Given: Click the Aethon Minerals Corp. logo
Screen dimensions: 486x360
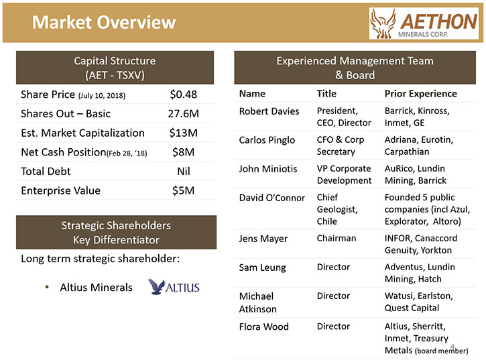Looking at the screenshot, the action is [424, 23].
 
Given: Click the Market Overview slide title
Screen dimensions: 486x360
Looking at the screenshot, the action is [104, 22].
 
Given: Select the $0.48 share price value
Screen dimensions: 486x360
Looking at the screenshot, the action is [183, 95].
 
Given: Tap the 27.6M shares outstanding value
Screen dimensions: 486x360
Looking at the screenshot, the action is [183, 113].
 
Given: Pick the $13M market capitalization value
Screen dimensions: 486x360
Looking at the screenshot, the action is [183, 133].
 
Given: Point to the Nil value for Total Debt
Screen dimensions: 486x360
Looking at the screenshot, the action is [184, 171].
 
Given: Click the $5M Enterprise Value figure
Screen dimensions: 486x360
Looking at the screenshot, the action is [183, 190].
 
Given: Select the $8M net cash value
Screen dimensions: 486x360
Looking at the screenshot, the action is [183, 152].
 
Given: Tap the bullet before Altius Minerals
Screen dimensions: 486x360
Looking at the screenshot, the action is [47, 288].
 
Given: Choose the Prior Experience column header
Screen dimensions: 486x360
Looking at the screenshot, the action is [420, 94].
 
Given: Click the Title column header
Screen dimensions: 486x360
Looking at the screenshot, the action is [326, 94].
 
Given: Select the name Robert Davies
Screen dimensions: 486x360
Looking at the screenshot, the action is [269, 111].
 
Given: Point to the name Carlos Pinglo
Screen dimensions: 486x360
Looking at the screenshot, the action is [267, 140].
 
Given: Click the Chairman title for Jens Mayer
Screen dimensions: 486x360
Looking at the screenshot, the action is [337, 238].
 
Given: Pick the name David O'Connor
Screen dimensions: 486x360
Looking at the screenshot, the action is [272, 198].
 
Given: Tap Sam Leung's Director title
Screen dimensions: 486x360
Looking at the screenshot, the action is [333, 267].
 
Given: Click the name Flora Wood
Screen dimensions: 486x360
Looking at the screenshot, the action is [263, 326].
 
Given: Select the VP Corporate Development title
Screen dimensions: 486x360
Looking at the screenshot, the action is [344, 174].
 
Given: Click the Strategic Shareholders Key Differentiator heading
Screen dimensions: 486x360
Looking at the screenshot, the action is [116, 233].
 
